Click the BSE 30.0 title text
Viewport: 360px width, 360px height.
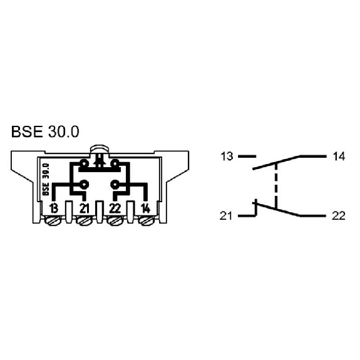pyautogui.click(x=45, y=131)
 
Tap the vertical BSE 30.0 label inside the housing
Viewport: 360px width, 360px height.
pyautogui.click(x=46, y=179)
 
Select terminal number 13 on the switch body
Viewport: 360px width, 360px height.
pyautogui.click(x=54, y=208)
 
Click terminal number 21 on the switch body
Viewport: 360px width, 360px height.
pyautogui.click(x=85, y=208)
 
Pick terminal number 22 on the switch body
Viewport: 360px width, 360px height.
pyautogui.click(x=115, y=208)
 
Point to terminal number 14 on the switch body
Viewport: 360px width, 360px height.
pyautogui.click(x=145, y=208)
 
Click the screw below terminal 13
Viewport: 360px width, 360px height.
pyautogui.click(x=53, y=221)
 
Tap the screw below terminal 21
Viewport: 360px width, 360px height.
pyautogui.click(x=84, y=221)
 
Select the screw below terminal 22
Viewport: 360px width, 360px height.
pyautogui.click(x=115, y=221)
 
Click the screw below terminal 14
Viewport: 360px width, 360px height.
pyautogui.click(x=145, y=221)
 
